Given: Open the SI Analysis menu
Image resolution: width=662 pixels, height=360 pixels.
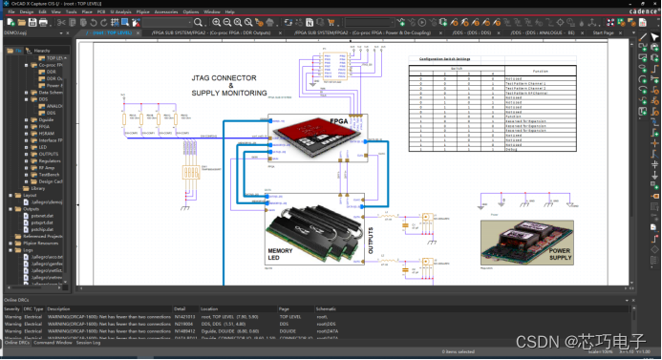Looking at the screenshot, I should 119,11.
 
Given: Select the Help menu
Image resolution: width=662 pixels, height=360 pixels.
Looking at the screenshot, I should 229,11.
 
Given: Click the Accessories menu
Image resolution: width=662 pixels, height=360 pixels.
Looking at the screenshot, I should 165,11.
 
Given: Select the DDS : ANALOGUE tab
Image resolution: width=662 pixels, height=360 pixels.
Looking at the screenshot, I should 545,32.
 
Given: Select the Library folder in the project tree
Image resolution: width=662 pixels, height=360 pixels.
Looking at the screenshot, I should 38,188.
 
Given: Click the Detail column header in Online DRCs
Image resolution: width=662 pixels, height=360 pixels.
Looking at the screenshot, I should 180,309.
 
